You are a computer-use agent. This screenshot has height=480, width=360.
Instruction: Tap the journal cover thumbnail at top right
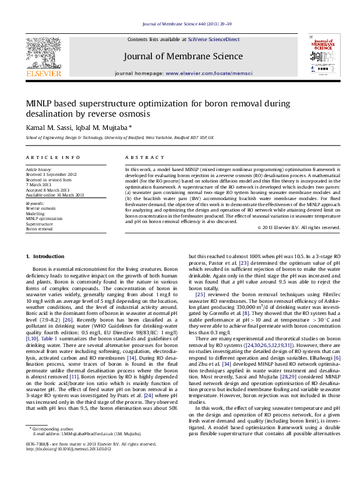(324, 55)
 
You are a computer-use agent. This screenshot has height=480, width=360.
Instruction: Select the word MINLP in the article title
(39, 103)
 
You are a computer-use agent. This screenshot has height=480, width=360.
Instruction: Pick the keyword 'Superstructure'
(40, 223)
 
